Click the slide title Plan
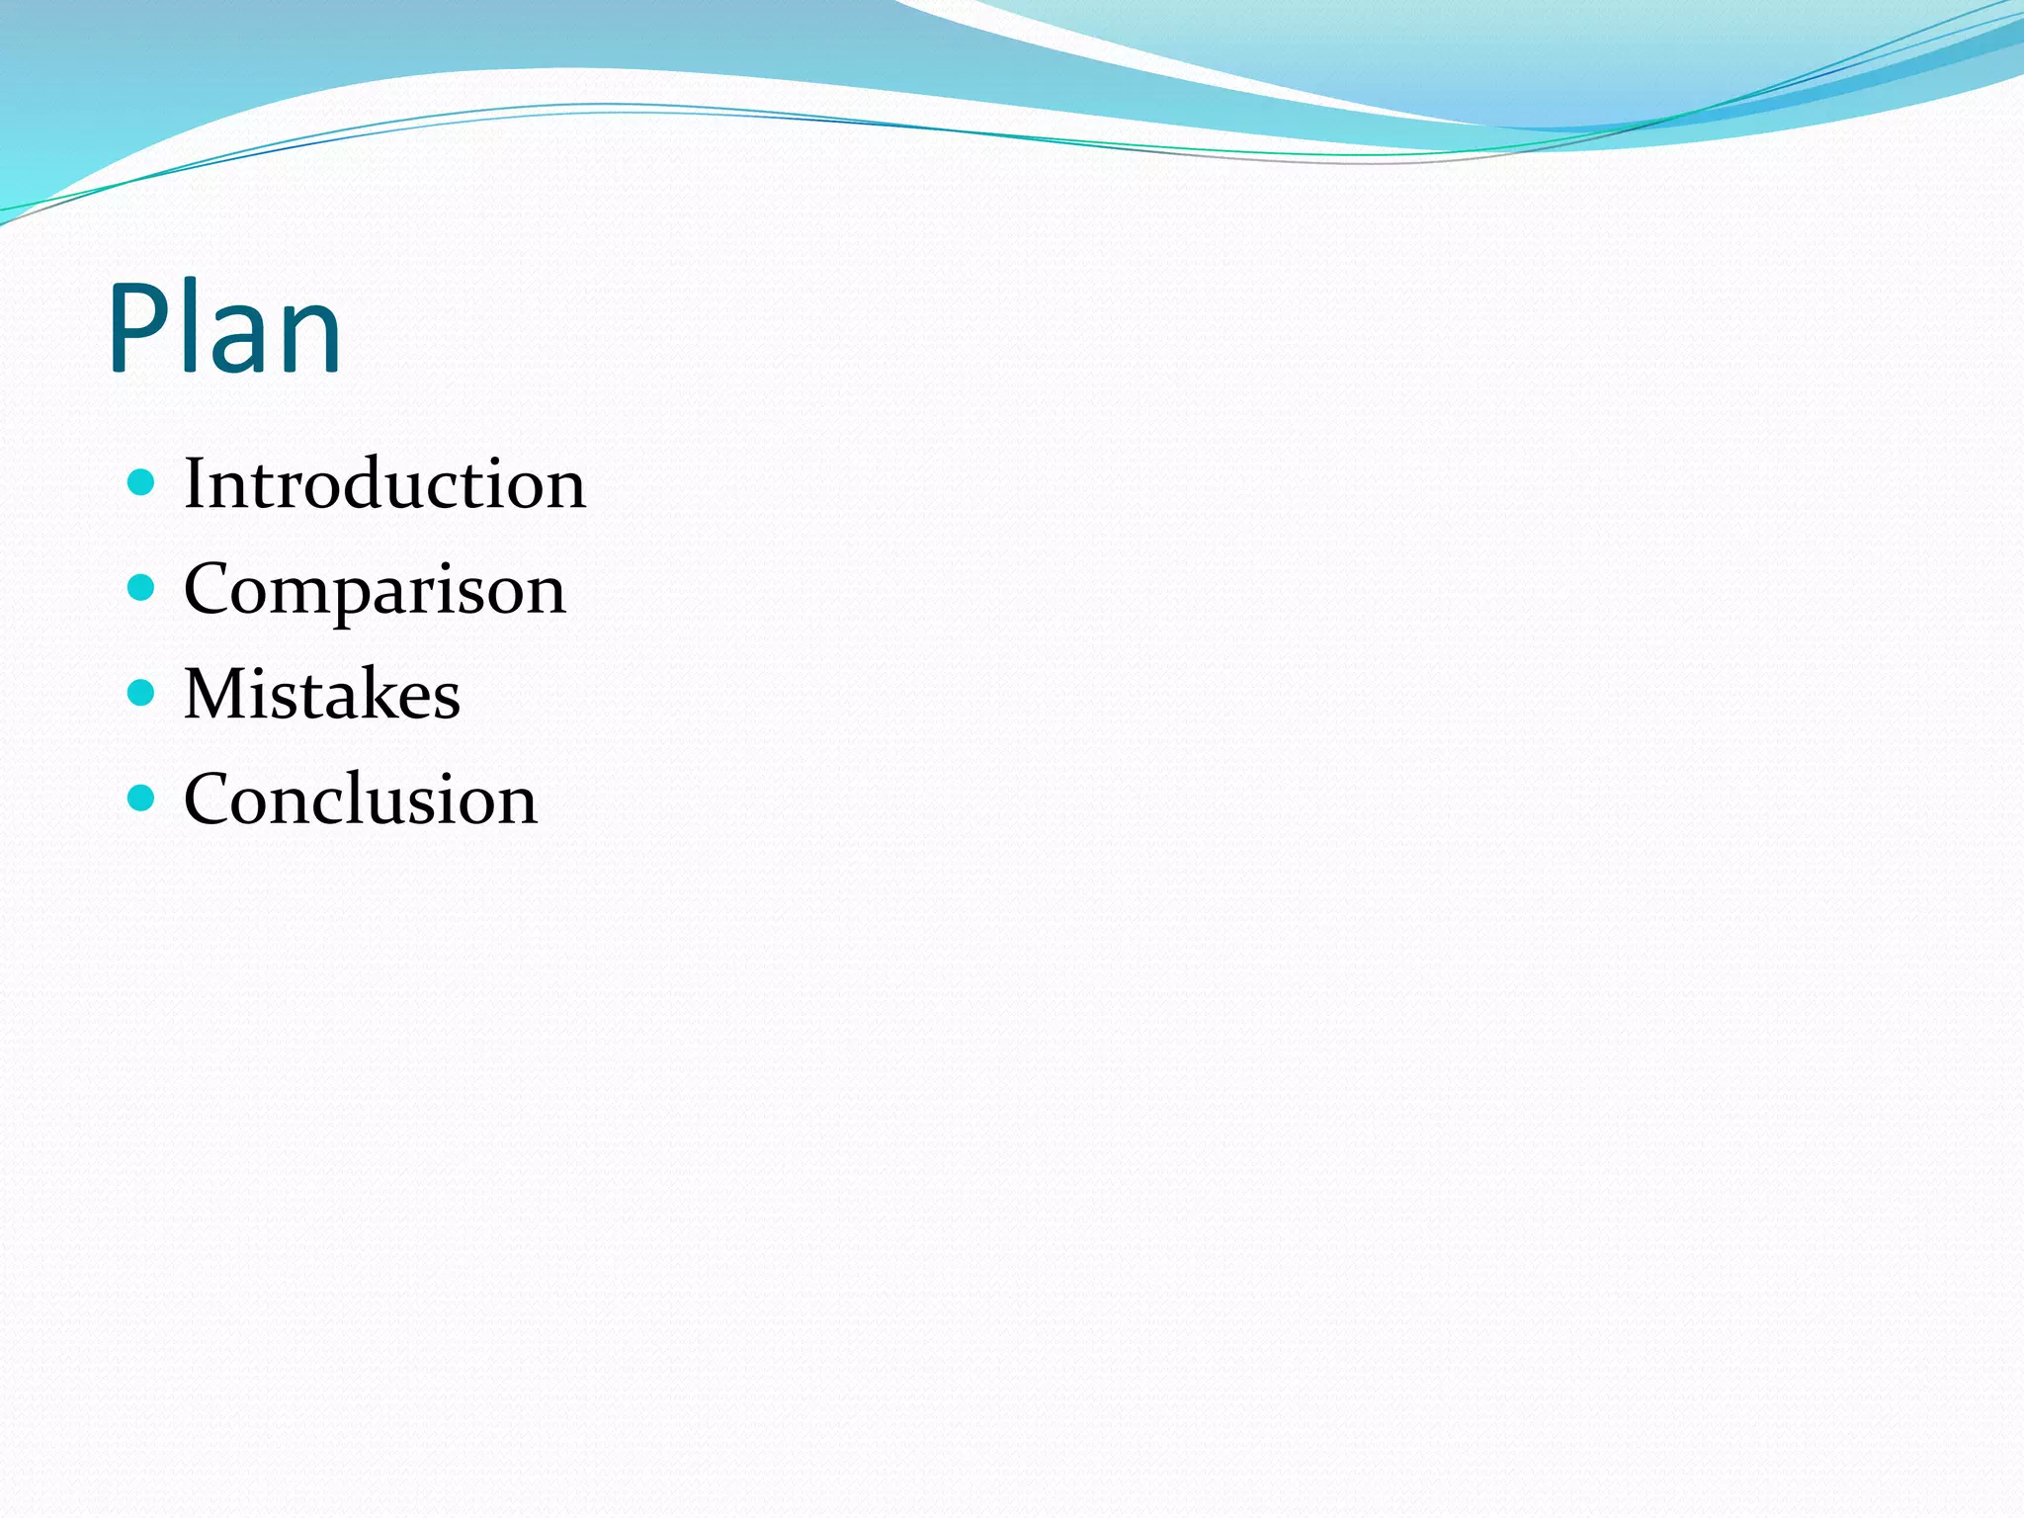tap(225, 328)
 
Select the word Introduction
tap(384, 484)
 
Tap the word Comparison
tap(375, 590)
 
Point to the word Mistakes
tap(322, 694)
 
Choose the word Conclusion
tap(361, 799)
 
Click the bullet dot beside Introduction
tap(142, 482)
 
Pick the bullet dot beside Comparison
tap(142, 588)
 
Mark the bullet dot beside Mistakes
tap(142, 693)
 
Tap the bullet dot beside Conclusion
tap(142, 798)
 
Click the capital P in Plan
tap(138, 328)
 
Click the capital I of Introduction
tap(195, 484)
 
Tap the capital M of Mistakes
tap(213, 694)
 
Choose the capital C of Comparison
tap(209, 590)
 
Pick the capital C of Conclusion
tap(209, 799)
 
